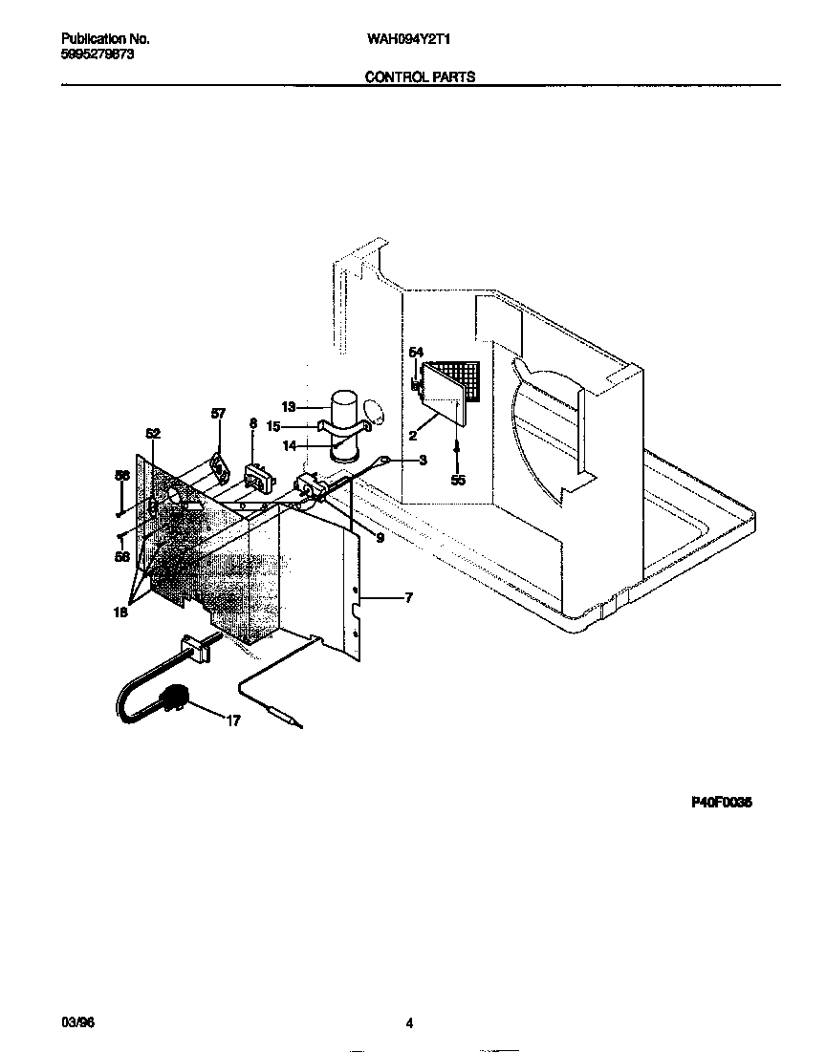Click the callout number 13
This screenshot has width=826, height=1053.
[x=288, y=406]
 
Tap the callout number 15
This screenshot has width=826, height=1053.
[x=273, y=426]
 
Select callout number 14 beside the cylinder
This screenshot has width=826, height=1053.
[x=288, y=445]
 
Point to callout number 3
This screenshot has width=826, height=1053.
[x=423, y=460]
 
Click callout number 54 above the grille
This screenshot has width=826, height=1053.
[x=416, y=353]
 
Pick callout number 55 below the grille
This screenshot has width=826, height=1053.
[x=458, y=480]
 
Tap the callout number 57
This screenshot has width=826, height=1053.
[x=219, y=413]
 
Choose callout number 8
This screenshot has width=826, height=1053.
[x=253, y=422]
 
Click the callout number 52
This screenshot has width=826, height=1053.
[x=153, y=433]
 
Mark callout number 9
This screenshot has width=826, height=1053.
[x=380, y=538]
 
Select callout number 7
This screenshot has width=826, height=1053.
[x=408, y=598]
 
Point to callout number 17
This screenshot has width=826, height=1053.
[x=232, y=721]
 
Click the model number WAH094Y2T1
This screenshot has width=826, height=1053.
[x=408, y=40]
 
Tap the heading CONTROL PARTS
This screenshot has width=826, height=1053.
[x=421, y=77]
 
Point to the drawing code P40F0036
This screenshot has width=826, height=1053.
[x=722, y=804]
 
